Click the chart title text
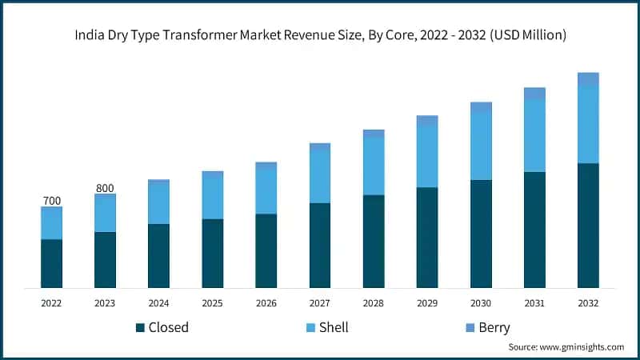coord(320,35)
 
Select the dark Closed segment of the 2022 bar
coord(51,263)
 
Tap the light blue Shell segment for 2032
coord(588,124)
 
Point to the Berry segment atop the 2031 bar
coord(534,94)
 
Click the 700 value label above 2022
coord(51,200)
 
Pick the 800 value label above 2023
coord(105,188)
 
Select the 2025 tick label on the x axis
coord(212,303)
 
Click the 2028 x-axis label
coord(374,303)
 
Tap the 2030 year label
coord(481,303)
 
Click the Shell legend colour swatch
coord(308,327)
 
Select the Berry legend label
coord(494,327)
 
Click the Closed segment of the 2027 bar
coord(320,245)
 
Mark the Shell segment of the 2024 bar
coord(158,203)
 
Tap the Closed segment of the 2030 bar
coord(481,234)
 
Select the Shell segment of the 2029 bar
coord(427,157)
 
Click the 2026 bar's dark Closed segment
coord(266,250)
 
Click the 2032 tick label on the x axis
coord(588,303)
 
